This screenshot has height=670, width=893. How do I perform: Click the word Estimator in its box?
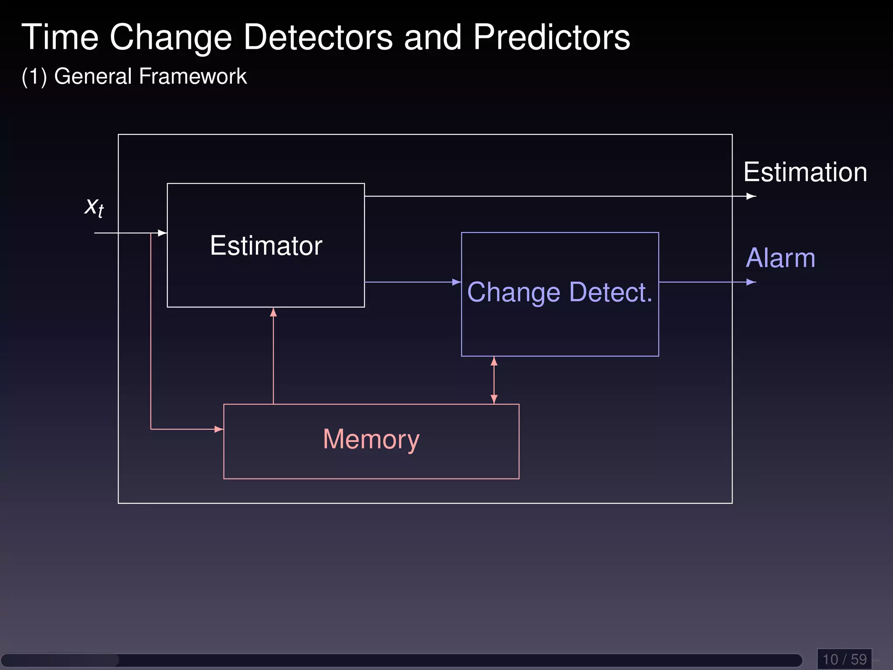266,246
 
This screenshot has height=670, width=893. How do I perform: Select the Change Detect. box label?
559,292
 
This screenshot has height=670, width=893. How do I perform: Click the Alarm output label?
781,258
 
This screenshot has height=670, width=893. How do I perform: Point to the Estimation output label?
805,172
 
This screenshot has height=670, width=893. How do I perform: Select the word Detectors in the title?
318,38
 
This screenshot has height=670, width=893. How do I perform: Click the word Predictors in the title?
551,38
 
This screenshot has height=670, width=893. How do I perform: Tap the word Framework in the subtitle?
193,76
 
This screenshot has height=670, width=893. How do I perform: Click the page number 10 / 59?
844,659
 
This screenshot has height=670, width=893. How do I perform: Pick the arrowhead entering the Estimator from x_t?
162,233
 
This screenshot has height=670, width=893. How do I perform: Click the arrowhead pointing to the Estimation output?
751,196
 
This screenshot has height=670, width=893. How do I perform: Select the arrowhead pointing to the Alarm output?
751,282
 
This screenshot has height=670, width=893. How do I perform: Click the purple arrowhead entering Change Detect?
457,282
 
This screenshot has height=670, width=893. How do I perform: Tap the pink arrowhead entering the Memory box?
219,429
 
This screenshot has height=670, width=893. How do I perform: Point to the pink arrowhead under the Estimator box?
273,312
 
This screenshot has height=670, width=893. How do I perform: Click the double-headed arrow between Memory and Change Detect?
494,380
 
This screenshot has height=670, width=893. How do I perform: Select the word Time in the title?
60,38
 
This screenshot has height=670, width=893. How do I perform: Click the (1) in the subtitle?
34,77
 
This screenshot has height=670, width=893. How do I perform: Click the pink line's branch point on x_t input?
151,233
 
